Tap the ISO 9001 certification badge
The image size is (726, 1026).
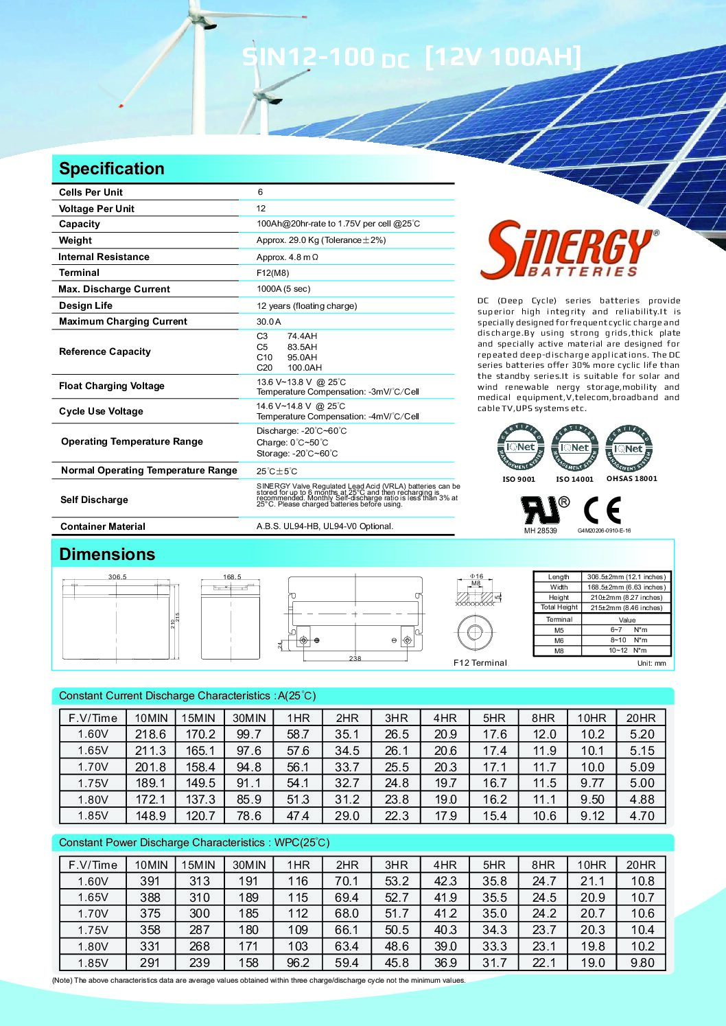[x=520, y=447]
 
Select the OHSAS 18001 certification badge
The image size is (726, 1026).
[x=629, y=448]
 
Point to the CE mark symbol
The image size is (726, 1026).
[x=602, y=510]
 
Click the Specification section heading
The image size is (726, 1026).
[x=112, y=169]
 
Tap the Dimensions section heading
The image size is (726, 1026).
[x=107, y=555]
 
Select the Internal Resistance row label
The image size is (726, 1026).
[x=104, y=257]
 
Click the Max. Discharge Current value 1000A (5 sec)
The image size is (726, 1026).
[x=283, y=289]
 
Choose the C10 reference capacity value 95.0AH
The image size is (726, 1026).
[x=302, y=358]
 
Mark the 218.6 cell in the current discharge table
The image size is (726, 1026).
[x=150, y=734]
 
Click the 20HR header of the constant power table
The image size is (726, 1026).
[x=641, y=865]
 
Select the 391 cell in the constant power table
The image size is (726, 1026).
[x=150, y=881]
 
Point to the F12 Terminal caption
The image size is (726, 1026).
[x=480, y=663]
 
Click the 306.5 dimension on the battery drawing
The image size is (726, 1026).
[x=117, y=577]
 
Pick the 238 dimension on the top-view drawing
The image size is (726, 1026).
[x=355, y=659]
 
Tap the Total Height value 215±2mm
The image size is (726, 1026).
[x=627, y=608]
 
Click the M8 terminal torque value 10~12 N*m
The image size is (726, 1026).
[x=627, y=651]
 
